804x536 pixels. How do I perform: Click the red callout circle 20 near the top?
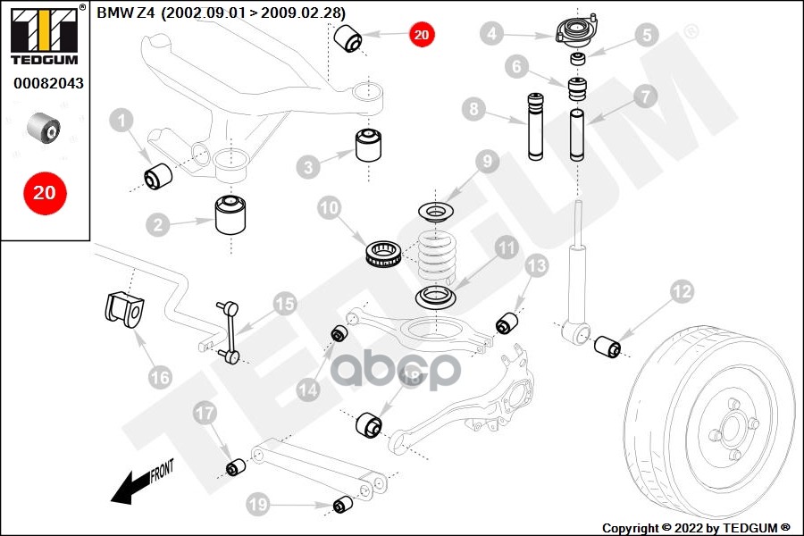pyautogui.click(x=422, y=36)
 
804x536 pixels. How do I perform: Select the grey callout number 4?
pyautogui.click(x=490, y=36)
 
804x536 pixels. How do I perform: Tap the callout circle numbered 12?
pyautogui.click(x=682, y=291)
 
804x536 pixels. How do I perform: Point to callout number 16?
pyautogui.click(x=159, y=377)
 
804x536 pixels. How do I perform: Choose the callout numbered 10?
pyautogui.click(x=330, y=209)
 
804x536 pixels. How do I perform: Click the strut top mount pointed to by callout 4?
pyautogui.click(x=575, y=31)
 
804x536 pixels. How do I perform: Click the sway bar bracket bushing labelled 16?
pyautogui.click(x=123, y=308)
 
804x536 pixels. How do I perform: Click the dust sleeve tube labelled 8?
pyautogui.click(x=536, y=127)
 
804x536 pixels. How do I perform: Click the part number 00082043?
pyautogui.click(x=45, y=84)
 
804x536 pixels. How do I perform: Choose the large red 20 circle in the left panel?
pyautogui.click(x=45, y=192)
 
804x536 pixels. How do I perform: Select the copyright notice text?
pyautogui.click(x=696, y=527)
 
